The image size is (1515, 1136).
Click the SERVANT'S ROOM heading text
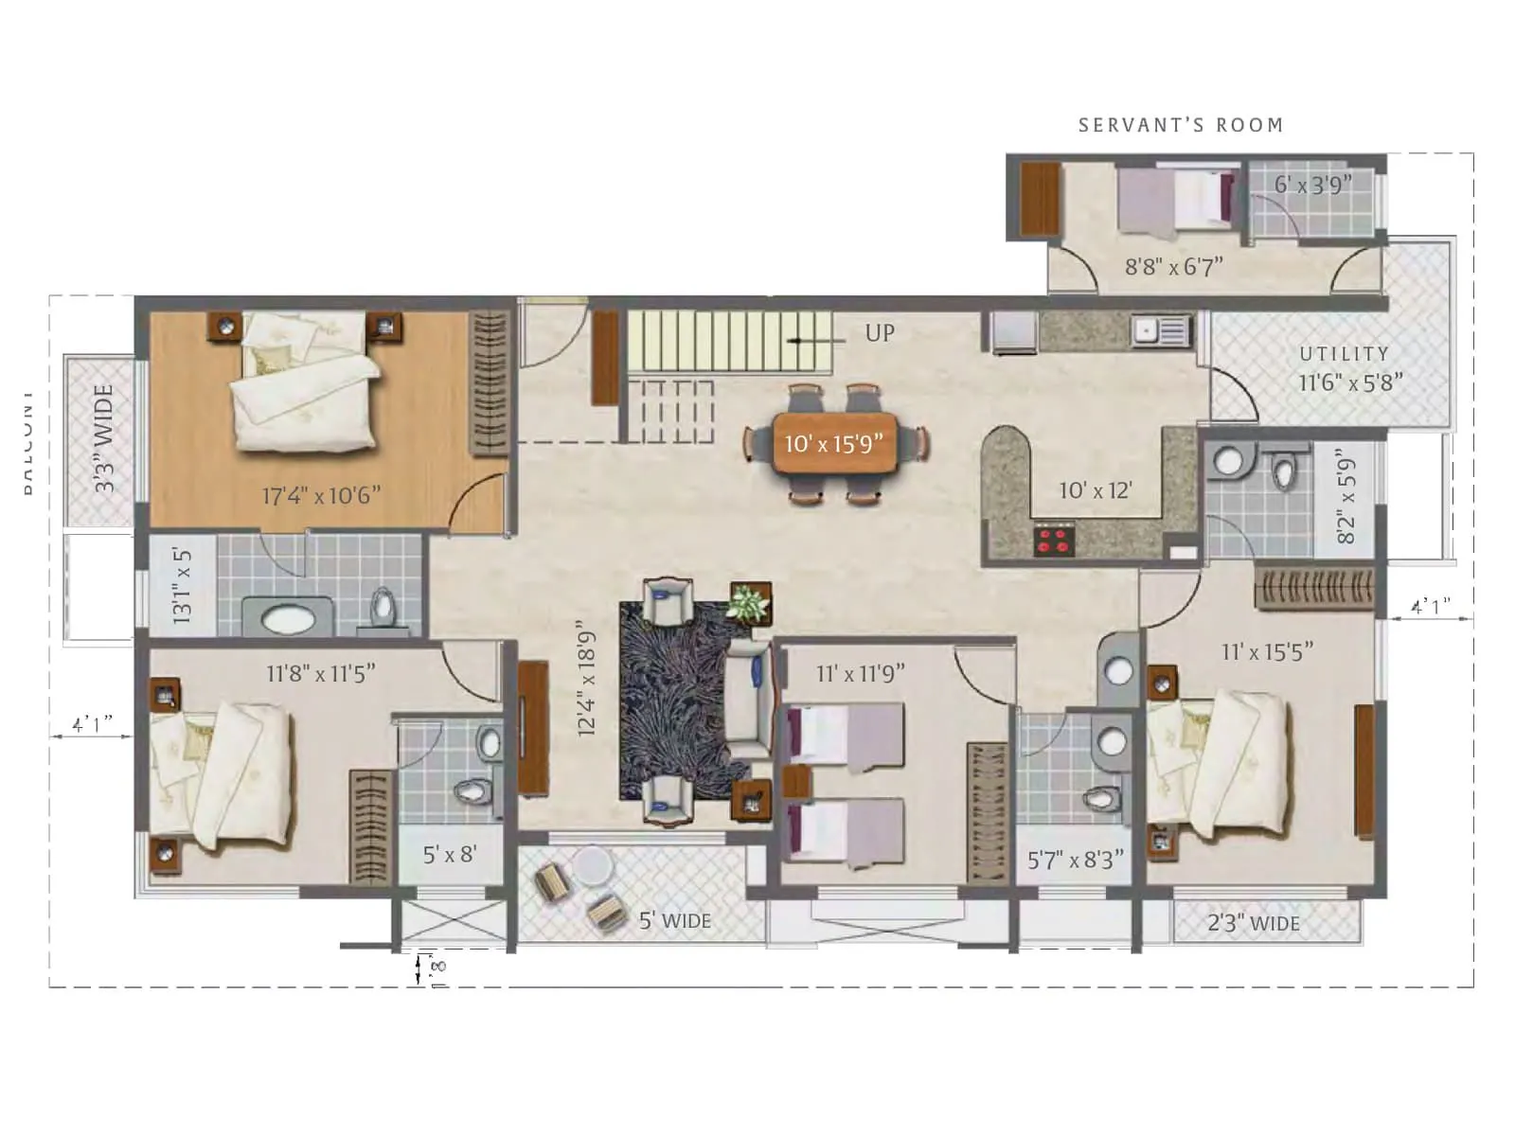coord(1181,125)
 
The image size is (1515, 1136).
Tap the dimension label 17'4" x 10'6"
coord(321,495)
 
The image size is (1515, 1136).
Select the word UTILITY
coord(1344,354)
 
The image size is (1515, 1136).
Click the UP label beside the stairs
coord(879,333)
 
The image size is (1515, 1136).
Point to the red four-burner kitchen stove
coord(1053,541)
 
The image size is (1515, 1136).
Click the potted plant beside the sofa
coord(749,602)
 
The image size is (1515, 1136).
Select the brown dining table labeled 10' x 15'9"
coord(833,443)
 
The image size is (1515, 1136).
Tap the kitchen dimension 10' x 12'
coord(1095,490)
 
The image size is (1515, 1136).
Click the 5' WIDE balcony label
coord(674,920)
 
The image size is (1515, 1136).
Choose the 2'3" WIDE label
coord(1253,923)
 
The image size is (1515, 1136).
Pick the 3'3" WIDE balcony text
coord(103,437)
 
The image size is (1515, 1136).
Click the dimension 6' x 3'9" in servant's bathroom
coord(1311,185)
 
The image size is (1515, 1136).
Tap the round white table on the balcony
coord(593,865)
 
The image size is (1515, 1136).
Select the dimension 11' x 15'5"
coord(1267,651)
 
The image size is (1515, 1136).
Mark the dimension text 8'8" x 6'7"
coord(1173,267)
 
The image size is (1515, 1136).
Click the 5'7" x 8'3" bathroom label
coord(1075,860)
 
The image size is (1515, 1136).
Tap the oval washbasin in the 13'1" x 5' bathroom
coord(287,620)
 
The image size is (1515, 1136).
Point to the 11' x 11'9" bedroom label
coord(860,673)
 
